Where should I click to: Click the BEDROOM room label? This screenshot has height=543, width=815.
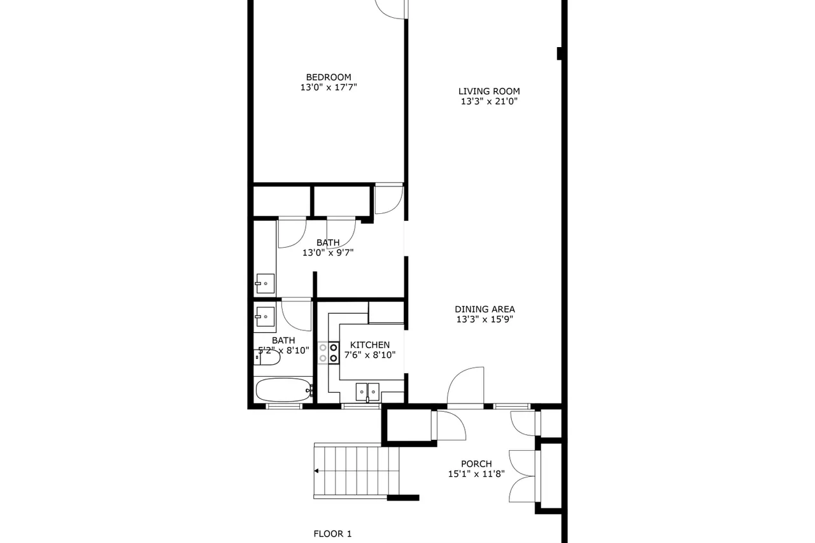click(329, 77)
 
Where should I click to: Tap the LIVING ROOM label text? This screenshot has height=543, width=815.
click(489, 91)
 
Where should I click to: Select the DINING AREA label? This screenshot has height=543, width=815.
click(485, 309)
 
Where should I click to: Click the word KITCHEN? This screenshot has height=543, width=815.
click(370, 345)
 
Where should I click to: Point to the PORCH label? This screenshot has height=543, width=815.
click(476, 463)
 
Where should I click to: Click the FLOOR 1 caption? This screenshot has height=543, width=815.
click(332, 533)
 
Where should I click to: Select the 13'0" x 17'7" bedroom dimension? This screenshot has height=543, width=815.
click(329, 87)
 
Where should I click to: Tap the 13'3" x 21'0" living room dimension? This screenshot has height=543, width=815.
click(489, 101)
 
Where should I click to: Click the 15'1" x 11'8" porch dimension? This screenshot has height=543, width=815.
click(476, 474)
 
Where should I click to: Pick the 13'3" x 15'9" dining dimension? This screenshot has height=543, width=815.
click(485, 320)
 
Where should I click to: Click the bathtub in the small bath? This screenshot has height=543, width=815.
click(284, 390)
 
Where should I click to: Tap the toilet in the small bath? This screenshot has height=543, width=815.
click(267, 357)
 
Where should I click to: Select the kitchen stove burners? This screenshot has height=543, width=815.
click(329, 353)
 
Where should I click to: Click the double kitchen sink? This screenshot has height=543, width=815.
click(367, 392)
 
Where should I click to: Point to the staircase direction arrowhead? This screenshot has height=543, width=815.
click(316, 470)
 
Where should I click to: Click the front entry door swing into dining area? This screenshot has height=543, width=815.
click(465, 386)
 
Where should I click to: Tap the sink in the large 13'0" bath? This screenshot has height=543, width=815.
click(265, 284)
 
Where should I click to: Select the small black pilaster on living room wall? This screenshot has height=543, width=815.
click(560, 53)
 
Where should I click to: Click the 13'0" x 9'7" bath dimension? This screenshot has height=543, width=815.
click(328, 253)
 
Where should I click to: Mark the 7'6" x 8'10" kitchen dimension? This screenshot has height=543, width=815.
click(370, 355)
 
